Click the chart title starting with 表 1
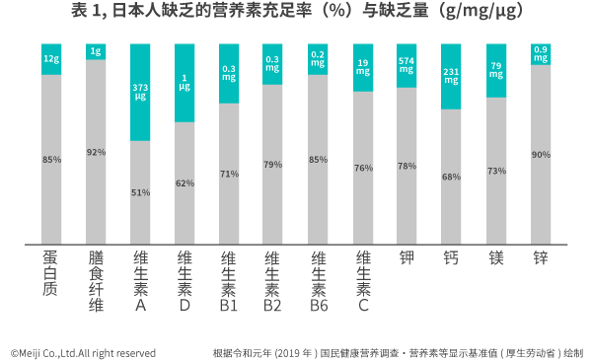pyautogui.click(x=297, y=13)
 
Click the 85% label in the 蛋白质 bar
pyautogui.click(x=51, y=159)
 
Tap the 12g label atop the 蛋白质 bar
pyautogui.click(x=51, y=59)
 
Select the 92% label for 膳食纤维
pyautogui.click(x=96, y=152)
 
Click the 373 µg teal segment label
pyautogui.click(x=140, y=93)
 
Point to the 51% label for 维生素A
pyautogui.click(x=140, y=192)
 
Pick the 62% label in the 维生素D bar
pyautogui.click(x=185, y=182)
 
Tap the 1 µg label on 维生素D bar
pyautogui.click(x=185, y=83)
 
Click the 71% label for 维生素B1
pyautogui.click(x=229, y=174)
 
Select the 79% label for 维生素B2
pyautogui.click(x=273, y=165)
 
